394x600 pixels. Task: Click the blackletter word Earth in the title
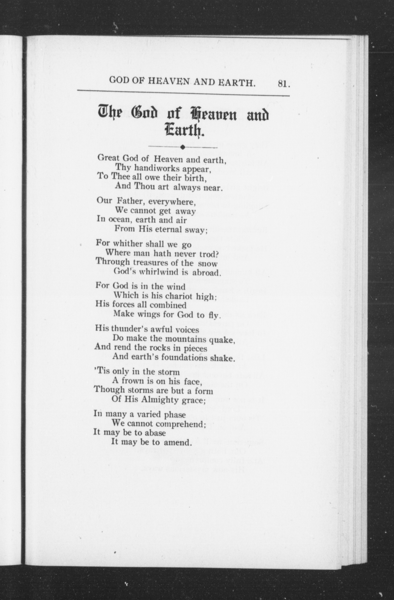183,131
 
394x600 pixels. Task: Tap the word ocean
119,220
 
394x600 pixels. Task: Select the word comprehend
180,424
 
